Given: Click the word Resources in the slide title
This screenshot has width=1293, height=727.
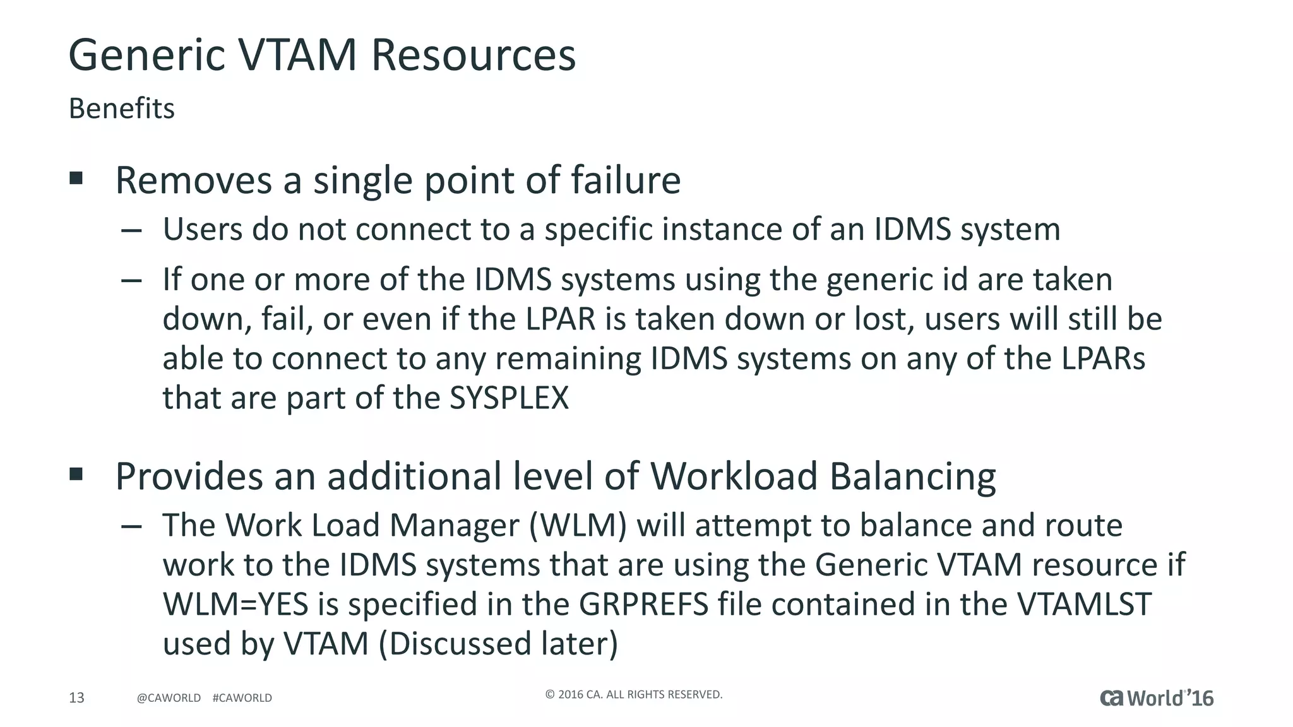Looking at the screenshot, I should click(473, 55).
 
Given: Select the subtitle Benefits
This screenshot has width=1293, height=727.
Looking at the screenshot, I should click(121, 109).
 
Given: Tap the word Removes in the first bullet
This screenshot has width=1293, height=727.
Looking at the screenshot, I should click(193, 180).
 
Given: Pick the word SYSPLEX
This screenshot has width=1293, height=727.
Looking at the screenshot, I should click(509, 398).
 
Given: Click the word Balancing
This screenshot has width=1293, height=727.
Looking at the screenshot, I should click(912, 476).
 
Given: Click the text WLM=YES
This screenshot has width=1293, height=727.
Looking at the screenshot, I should click(235, 605).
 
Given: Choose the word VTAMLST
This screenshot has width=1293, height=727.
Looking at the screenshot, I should click(1084, 605).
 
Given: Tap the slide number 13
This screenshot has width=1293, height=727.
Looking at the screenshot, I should click(76, 697).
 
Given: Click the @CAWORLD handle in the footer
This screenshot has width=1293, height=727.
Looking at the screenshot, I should click(169, 698).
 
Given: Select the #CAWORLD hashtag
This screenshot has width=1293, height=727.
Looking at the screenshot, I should click(242, 698).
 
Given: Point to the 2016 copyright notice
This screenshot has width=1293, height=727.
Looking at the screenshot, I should click(633, 695).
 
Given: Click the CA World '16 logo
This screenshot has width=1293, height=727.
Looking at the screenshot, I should click(1157, 698).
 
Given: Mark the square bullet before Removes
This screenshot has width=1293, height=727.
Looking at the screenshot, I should click(76, 178).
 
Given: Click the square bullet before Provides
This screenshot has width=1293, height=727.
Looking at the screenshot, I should click(76, 474).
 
